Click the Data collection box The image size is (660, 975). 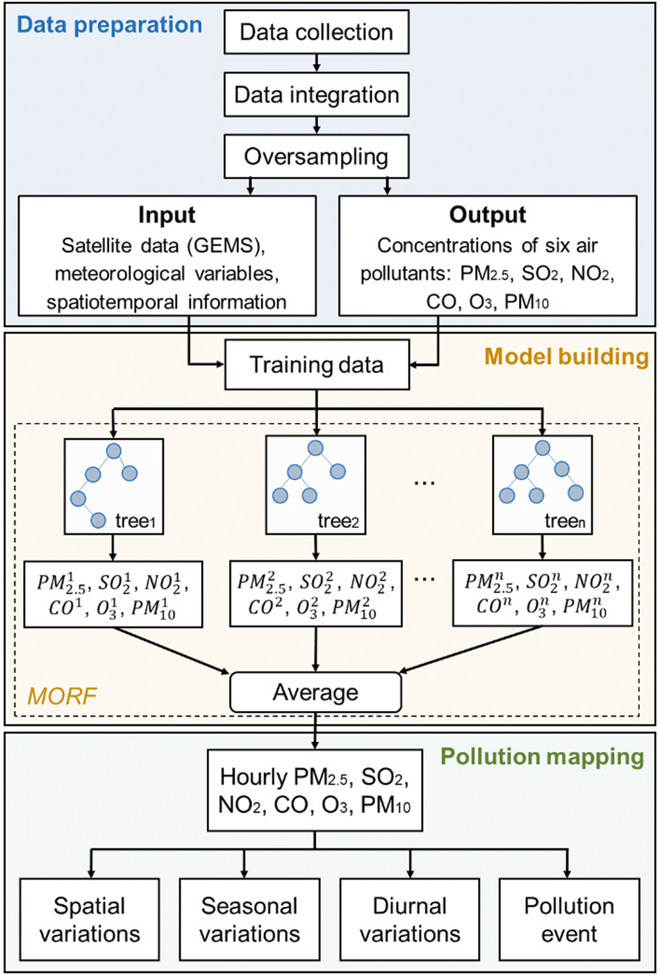316,32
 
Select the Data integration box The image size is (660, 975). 316,94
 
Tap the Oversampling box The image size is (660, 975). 316,156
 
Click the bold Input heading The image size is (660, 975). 167,215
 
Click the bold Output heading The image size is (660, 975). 488,215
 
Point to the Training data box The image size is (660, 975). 316,365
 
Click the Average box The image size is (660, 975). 315,692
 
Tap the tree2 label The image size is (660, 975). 338,521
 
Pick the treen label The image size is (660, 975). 565,521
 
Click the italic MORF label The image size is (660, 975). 62,695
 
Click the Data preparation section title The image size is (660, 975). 109,25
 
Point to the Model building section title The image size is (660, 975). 566,356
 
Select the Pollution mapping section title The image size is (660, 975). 543,756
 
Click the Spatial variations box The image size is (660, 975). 90,919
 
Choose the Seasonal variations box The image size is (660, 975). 249,919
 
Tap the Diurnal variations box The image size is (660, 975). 409,919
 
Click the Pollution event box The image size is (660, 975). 569,919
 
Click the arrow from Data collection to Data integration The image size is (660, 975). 317,63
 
